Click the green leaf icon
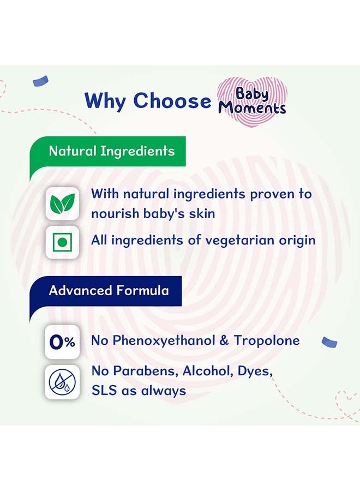click(x=62, y=203)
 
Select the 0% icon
click(x=62, y=342)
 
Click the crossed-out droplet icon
click(x=62, y=382)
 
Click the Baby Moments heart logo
click(x=251, y=100)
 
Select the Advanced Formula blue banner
click(x=109, y=290)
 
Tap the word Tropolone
click(x=267, y=341)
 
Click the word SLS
click(x=103, y=391)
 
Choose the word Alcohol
click(x=205, y=372)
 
